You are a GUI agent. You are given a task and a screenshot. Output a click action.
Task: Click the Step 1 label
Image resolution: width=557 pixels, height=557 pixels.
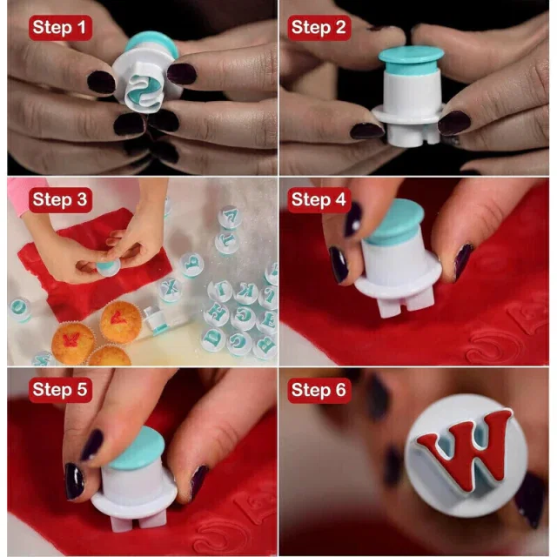point(60,28)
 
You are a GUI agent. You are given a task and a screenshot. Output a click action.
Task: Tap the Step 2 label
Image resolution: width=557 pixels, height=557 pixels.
point(319,28)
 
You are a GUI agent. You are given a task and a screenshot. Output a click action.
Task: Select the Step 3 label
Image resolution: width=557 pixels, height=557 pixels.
point(60,200)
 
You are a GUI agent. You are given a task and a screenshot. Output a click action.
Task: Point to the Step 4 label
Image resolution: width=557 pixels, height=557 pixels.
point(319,200)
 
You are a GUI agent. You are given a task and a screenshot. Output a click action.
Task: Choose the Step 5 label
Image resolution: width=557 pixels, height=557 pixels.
point(60,390)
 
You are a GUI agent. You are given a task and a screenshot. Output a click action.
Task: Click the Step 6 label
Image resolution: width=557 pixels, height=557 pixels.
point(319,390)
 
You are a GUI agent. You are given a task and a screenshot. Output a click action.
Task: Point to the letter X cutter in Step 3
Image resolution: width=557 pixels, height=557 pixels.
point(170,289)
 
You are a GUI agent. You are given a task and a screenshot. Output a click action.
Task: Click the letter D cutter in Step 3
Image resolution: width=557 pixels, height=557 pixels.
point(214,339)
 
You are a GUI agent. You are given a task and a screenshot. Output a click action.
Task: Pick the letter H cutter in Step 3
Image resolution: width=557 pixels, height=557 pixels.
point(217,313)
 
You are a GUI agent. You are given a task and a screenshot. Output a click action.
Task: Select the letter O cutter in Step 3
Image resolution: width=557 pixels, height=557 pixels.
point(20,309)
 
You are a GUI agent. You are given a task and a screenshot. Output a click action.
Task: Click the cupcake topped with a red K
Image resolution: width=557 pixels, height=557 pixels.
point(73,343)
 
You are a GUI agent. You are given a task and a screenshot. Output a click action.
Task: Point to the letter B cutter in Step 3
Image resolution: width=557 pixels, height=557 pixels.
point(265,346)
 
